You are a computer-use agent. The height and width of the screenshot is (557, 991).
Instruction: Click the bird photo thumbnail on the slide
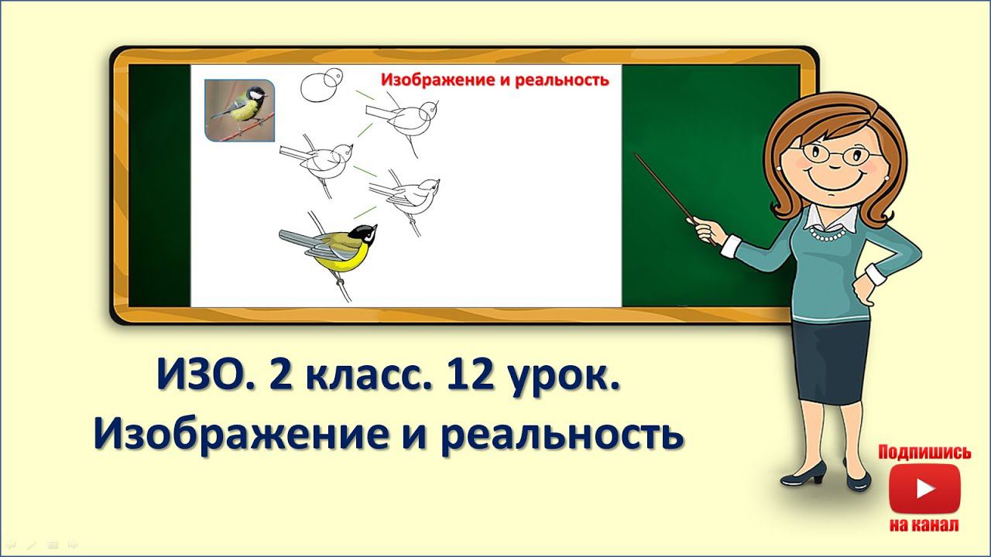point(239,111)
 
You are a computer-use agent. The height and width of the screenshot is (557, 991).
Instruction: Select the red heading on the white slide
point(495,79)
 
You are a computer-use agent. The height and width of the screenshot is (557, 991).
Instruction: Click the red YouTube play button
point(924,489)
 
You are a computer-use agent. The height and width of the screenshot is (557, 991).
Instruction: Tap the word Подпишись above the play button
point(924,453)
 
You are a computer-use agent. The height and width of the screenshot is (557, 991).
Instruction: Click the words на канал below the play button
point(924,525)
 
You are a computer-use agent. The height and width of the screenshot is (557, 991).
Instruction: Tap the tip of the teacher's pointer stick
point(637,155)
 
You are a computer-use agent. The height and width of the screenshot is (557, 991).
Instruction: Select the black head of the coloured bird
point(362,231)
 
